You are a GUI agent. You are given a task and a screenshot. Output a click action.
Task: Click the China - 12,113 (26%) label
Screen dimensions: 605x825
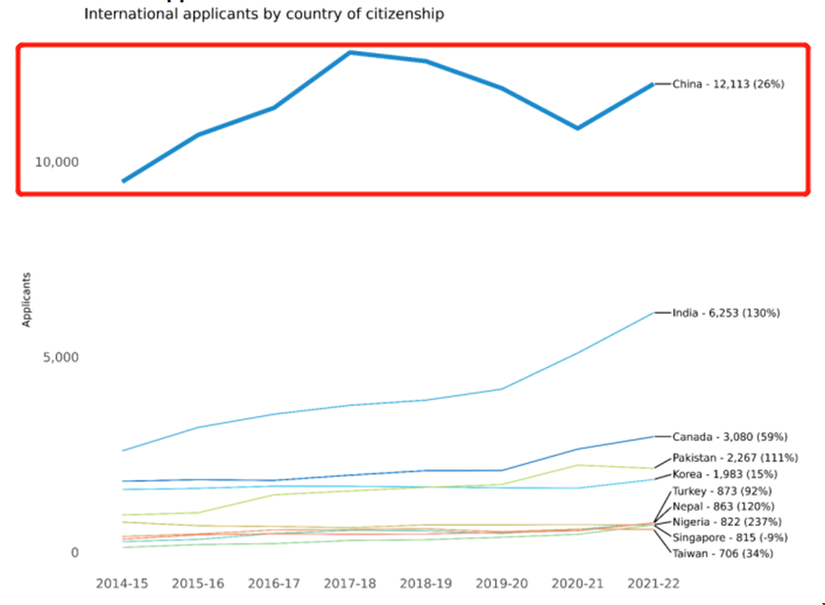click(728, 85)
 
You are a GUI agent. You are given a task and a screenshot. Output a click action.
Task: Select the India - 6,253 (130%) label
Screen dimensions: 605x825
click(726, 313)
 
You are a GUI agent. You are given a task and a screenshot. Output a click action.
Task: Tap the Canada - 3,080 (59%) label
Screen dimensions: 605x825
click(730, 437)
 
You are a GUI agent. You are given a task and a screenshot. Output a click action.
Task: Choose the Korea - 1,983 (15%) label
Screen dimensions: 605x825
click(725, 474)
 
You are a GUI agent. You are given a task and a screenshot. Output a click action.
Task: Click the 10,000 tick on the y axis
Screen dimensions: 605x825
click(56, 162)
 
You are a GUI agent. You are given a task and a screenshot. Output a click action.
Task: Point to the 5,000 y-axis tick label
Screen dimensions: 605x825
click(60, 358)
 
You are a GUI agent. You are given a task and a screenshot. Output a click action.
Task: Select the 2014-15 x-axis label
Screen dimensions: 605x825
click(122, 582)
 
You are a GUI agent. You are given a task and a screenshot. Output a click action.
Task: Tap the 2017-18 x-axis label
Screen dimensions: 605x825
click(350, 582)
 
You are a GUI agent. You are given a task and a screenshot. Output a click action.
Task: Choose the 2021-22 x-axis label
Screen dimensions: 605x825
click(653, 582)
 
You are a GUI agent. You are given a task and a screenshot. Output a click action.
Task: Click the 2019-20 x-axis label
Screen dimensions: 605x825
click(502, 582)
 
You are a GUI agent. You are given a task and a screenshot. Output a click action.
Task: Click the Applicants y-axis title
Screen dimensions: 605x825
click(28, 300)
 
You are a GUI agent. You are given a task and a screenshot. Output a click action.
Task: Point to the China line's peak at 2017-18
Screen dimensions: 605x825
click(351, 52)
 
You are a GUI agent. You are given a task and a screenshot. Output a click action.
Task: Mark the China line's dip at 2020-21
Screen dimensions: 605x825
click(578, 128)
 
